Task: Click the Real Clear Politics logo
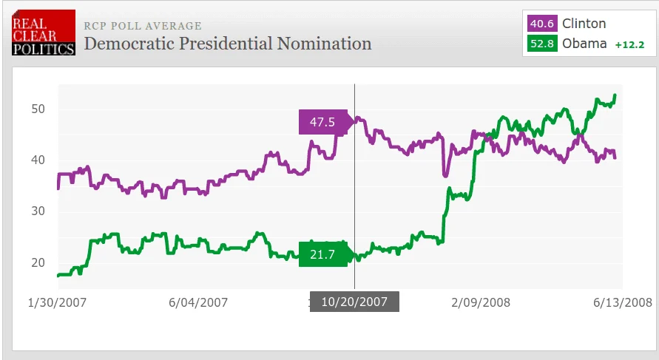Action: [44, 33]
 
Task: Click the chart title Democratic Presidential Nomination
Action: [228, 44]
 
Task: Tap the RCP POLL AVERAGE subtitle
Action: [143, 26]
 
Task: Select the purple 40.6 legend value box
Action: [542, 24]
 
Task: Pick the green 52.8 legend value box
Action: [542, 44]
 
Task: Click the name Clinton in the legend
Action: [584, 24]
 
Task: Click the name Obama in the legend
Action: [584, 44]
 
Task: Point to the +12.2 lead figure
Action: [629, 44]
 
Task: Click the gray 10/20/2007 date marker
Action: [354, 302]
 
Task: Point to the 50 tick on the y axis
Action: [38, 109]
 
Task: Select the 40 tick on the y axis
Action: [38, 160]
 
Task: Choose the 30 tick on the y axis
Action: [38, 211]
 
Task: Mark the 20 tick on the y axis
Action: [38, 262]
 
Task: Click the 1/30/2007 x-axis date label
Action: [57, 302]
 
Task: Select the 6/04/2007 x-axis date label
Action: [198, 302]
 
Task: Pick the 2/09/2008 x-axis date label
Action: [481, 302]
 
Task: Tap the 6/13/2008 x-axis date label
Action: [623, 302]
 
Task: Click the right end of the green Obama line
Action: [615, 95]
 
